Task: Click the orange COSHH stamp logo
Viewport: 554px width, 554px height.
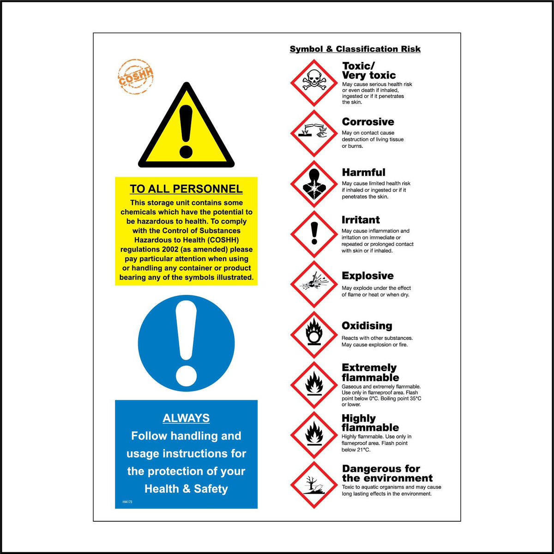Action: pyautogui.click(x=136, y=77)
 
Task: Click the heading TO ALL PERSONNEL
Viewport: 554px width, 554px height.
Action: pyautogui.click(x=186, y=189)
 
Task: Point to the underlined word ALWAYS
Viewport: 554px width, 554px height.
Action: pyautogui.click(x=186, y=418)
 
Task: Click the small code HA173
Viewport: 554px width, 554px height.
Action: pyautogui.click(x=127, y=502)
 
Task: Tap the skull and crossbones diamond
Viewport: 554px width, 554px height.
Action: pyautogui.click(x=314, y=83)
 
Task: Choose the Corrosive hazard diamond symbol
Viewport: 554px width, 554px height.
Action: pyautogui.click(x=314, y=133)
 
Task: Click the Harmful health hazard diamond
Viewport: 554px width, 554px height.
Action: pyautogui.click(x=314, y=183)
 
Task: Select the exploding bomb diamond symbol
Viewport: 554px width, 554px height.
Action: pyautogui.click(x=314, y=284)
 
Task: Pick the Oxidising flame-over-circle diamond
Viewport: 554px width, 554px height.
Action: pyautogui.click(x=314, y=334)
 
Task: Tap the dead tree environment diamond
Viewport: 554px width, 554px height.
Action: pyautogui.click(x=314, y=485)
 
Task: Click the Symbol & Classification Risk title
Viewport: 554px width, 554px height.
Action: pyautogui.click(x=355, y=49)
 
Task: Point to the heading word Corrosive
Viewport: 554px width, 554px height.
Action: pyautogui.click(x=368, y=122)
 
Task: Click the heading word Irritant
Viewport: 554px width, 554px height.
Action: pyautogui.click(x=361, y=220)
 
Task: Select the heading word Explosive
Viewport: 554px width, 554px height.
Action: pyautogui.click(x=367, y=276)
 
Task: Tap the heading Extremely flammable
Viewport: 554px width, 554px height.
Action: pyautogui.click(x=370, y=373)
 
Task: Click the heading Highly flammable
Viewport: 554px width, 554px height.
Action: pyautogui.click(x=370, y=423)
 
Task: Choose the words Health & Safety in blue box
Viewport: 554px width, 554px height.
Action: pyautogui.click(x=186, y=489)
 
